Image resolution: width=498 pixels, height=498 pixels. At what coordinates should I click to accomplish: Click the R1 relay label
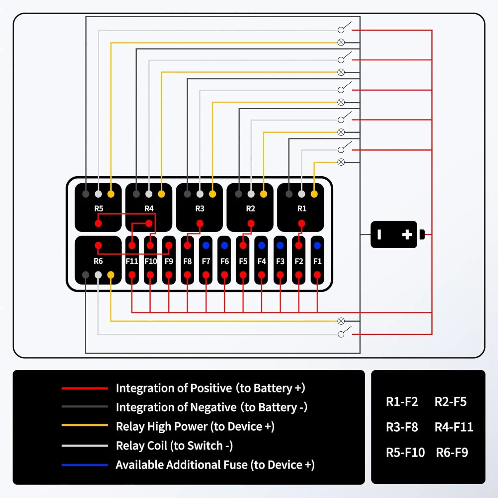coord(301,208)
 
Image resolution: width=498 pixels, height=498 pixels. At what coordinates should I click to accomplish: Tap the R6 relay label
coord(98,261)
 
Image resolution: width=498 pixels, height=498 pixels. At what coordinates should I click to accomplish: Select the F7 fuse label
coord(206,261)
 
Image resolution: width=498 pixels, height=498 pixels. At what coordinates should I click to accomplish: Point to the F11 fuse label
coord(132,261)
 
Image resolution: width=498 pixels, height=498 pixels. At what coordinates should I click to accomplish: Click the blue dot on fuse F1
coord(317,245)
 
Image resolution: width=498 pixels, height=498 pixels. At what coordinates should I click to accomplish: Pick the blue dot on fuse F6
coord(224,245)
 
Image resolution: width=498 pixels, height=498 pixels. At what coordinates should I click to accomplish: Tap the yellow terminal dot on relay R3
coord(212,194)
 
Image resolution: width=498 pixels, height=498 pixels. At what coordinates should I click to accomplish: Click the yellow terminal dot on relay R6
coord(111,275)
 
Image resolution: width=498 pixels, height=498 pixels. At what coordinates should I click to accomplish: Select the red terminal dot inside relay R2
coord(251,223)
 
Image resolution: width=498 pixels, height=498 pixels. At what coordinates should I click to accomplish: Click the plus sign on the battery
coord(407,234)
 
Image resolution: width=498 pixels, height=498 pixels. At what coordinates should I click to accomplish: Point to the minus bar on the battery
coord(379,234)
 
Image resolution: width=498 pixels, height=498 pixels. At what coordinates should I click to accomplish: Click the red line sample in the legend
coord(85,388)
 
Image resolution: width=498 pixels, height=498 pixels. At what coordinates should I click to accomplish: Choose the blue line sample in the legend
coord(85,465)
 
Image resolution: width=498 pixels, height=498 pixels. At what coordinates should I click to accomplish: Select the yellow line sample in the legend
coord(85,425)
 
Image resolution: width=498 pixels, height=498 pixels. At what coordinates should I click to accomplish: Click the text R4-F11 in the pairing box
coord(454,427)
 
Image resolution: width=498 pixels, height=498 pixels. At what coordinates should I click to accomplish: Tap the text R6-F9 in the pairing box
coord(452,453)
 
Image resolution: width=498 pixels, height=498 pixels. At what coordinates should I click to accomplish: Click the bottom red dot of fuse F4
coord(262,275)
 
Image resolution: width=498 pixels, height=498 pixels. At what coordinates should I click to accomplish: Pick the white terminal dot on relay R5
coord(98,194)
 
